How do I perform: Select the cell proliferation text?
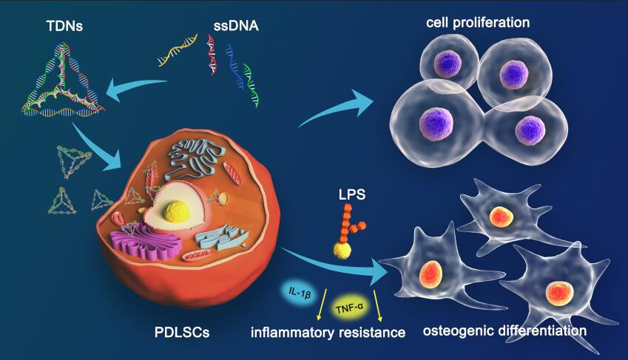(x=478, y=22)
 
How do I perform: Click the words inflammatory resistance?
(x=328, y=333)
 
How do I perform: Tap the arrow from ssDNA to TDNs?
(x=137, y=89)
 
